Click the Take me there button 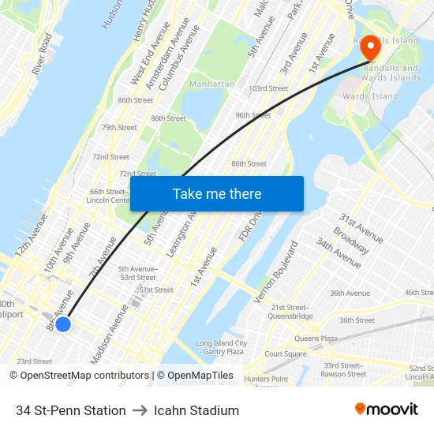(217, 194)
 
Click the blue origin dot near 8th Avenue (63, 324)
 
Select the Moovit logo (386, 410)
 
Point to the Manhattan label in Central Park (211, 84)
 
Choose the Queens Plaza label (316, 339)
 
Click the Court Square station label (286, 354)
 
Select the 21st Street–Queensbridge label (291, 312)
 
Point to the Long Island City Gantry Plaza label (221, 347)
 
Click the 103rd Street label (268, 88)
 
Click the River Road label (42, 54)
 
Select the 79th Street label (119, 127)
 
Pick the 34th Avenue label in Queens (339, 253)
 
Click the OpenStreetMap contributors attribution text (79, 376)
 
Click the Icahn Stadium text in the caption (196, 410)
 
